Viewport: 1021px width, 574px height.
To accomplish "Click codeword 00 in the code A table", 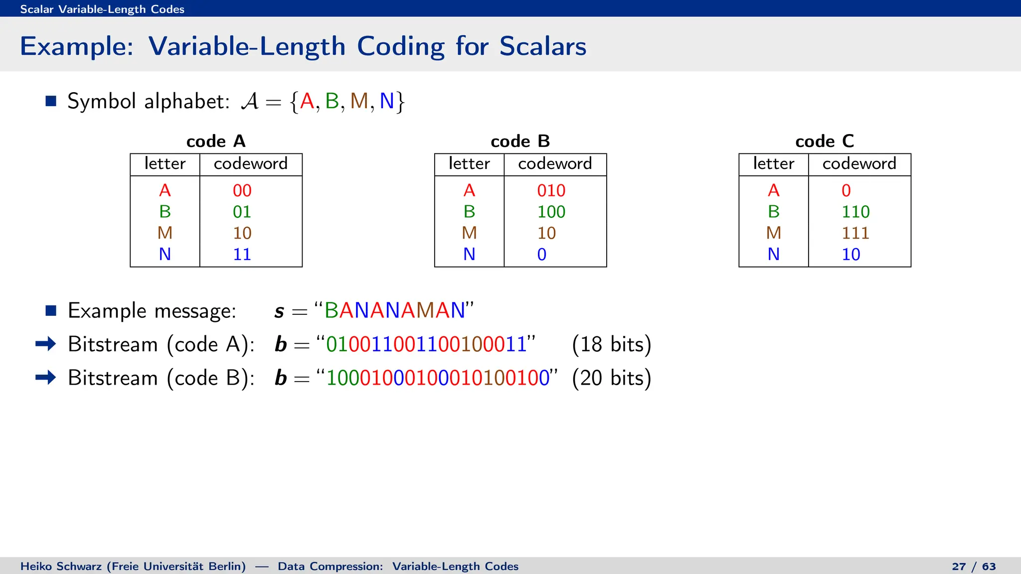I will click(242, 190).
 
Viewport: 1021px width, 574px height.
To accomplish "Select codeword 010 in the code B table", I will click(551, 190).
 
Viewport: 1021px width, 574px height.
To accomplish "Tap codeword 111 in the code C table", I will click(855, 233).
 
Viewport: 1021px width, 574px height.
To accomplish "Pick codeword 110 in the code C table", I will click(855, 212).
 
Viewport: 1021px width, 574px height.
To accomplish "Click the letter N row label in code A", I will click(165, 255).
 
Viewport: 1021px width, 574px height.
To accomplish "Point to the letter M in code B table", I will click(469, 233).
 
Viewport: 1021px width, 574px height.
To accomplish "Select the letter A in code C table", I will click(773, 190).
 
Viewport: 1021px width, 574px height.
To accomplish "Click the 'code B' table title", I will click(520, 142).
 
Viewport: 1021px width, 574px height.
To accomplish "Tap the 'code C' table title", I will click(825, 142).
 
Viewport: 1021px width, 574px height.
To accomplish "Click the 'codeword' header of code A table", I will click(251, 164).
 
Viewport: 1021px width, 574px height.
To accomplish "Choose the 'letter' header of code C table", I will click(773, 164).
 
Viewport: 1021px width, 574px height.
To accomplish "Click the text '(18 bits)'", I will click(612, 344).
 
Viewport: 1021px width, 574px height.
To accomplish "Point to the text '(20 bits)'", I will click(612, 378).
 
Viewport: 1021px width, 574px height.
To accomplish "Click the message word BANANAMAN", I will click(394, 310).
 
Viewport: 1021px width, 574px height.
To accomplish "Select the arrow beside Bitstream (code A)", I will click(46, 344).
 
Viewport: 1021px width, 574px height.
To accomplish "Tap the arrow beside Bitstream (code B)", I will click(46, 377).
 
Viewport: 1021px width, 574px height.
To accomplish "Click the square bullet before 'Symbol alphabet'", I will click(51, 101).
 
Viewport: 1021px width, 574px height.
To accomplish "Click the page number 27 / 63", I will click(974, 567).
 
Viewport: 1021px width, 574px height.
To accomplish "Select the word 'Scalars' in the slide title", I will click(542, 46).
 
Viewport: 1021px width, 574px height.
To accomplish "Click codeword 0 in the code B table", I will click(542, 255).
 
